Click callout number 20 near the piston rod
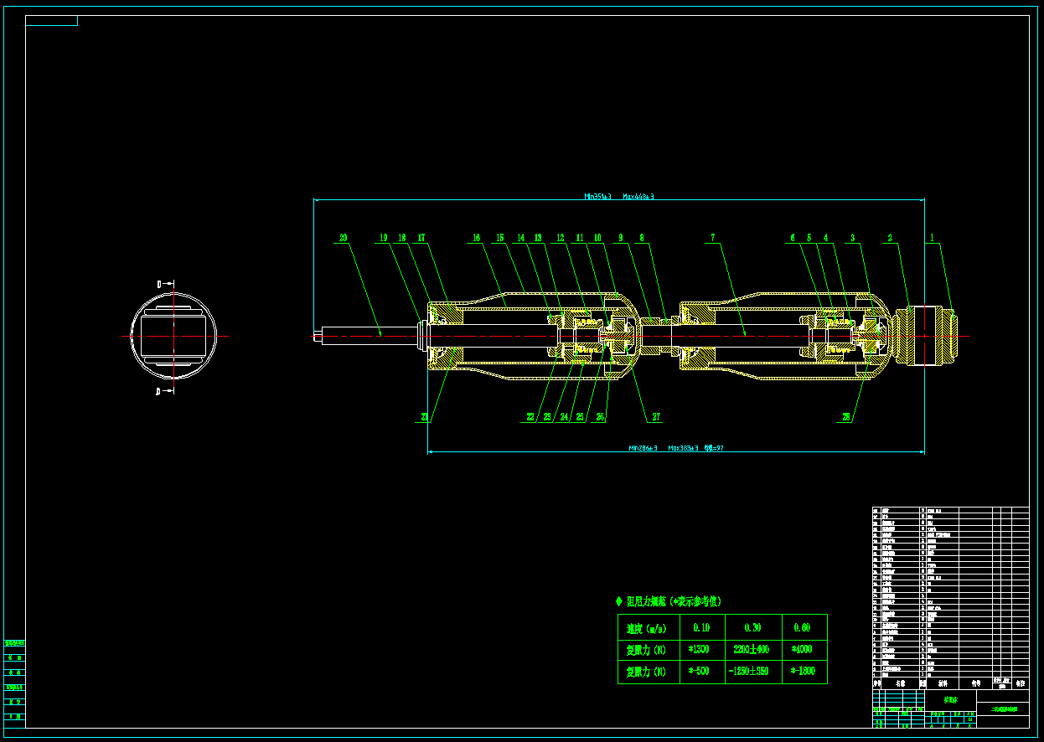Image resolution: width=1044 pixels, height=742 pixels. pyautogui.click(x=343, y=238)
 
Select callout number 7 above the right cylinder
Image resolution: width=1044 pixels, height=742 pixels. pyautogui.click(x=713, y=238)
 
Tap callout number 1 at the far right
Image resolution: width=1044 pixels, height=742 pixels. pyautogui.click(x=931, y=238)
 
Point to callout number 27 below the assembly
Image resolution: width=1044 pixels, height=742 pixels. pyautogui.click(x=656, y=417)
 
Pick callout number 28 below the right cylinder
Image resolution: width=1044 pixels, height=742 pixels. pyautogui.click(x=846, y=417)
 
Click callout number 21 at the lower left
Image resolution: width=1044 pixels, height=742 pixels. pyautogui.click(x=424, y=417)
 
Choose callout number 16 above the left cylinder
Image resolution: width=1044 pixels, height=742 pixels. pyautogui.click(x=476, y=238)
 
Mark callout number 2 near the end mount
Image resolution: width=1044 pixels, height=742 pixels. pyautogui.click(x=890, y=238)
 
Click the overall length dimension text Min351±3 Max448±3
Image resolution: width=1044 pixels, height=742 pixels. pyautogui.click(x=619, y=197)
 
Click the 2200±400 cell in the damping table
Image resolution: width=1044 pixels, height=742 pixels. pyautogui.click(x=752, y=649)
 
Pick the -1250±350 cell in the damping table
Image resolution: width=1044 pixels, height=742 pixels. pyautogui.click(x=752, y=672)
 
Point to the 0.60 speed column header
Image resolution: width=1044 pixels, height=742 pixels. pyautogui.click(x=802, y=627)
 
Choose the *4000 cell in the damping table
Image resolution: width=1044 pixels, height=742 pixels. pyautogui.click(x=803, y=649)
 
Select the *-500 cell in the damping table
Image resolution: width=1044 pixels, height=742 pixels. pyautogui.click(x=700, y=672)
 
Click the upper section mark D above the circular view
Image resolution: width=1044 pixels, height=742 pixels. pyautogui.click(x=159, y=284)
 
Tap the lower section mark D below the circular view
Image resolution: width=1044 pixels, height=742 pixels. pyautogui.click(x=159, y=390)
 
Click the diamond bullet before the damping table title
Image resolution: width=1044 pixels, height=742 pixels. pyautogui.click(x=619, y=601)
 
